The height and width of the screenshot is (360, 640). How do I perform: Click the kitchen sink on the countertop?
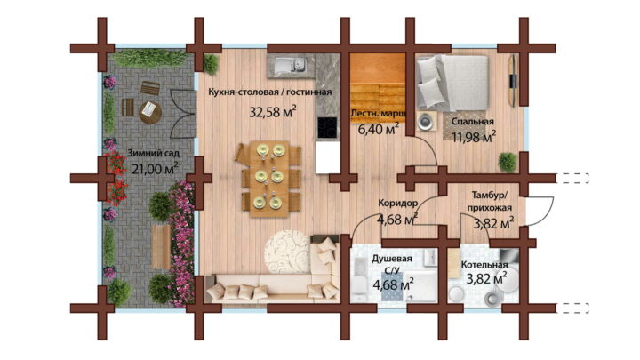[x=290, y=65]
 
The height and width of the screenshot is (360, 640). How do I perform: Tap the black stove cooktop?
[x=328, y=127]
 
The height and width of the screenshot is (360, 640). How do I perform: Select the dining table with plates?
[x=269, y=178]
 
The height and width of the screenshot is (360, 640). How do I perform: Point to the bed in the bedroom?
[x=452, y=83]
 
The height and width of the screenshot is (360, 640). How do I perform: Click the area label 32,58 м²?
[x=273, y=111]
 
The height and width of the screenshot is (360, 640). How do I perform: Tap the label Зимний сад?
[x=154, y=153]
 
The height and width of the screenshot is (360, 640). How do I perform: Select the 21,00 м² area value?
[x=155, y=168]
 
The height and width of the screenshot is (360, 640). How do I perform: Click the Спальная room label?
[x=472, y=121]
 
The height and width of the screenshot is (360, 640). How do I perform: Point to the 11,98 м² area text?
[x=474, y=137]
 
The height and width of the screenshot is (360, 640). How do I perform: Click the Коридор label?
[x=397, y=203]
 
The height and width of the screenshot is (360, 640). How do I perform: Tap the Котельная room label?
[x=484, y=265]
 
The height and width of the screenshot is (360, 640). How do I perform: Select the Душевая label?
[x=392, y=259]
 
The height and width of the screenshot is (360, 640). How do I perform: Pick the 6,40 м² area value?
[x=379, y=130]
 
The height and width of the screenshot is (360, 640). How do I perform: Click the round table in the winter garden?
[x=150, y=112]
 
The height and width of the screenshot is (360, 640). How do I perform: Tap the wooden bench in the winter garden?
[x=161, y=246]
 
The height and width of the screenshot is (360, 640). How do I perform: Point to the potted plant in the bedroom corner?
[x=508, y=162]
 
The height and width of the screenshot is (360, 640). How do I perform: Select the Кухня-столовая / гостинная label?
[x=270, y=92]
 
